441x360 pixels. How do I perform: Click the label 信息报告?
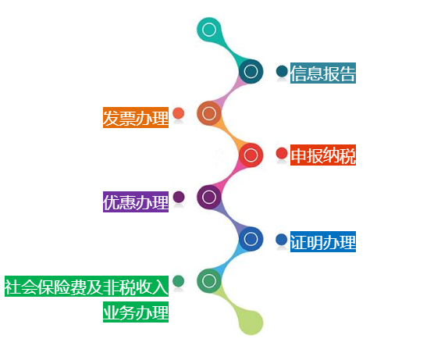323,73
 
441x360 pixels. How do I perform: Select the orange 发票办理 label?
136,117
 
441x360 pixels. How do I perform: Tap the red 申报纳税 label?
323,155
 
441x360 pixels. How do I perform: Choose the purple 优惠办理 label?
136,201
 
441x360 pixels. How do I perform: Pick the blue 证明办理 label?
323,241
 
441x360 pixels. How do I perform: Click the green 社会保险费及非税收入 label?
87,286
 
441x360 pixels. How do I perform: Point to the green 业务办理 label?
136,312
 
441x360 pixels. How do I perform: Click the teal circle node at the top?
208,30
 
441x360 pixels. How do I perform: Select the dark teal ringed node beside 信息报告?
251,71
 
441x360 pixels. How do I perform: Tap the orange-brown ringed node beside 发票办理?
208,113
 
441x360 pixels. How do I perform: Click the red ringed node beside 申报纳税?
251,155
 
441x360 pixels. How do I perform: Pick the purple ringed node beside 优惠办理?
208,197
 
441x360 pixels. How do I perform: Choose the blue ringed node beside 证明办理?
251,239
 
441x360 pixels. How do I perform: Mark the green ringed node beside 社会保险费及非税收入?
208,280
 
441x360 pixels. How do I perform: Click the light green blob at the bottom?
251,323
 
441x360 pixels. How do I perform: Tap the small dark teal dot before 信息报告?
282,71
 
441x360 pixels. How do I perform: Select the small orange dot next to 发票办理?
178,113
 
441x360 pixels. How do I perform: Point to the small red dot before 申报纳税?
282,153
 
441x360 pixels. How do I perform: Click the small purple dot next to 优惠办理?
179,197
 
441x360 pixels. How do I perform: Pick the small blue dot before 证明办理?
282,240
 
